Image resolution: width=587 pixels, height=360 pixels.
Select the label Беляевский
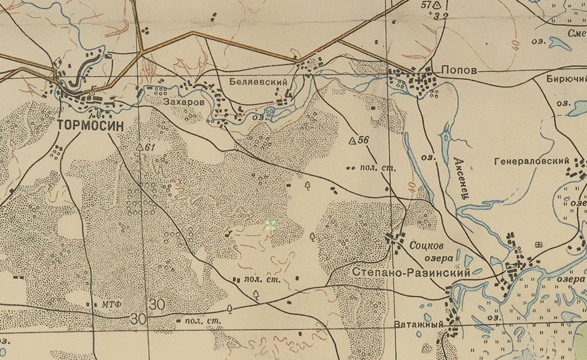[x=258, y=82]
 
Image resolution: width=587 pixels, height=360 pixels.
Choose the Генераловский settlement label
[x=531, y=162]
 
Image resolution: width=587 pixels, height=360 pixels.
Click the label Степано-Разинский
[x=410, y=272]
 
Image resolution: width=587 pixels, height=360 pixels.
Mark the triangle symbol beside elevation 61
[x=140, y=147]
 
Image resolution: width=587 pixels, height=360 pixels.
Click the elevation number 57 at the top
[x=425, y=5]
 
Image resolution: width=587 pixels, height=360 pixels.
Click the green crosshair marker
[x=271, y=224]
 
